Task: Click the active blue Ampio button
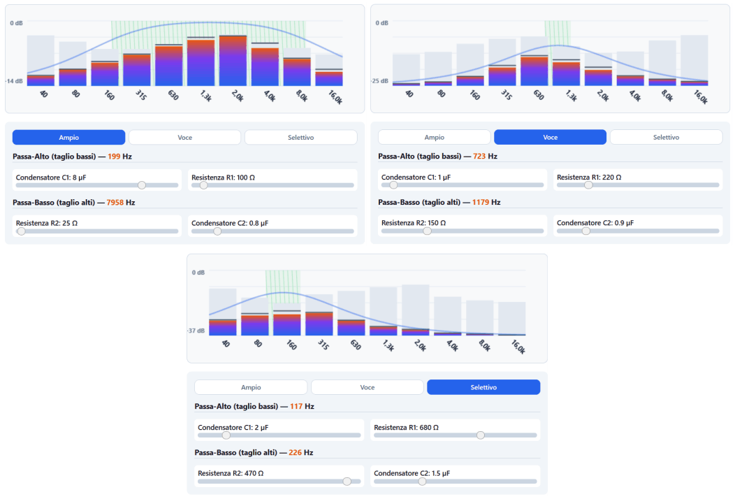pyautogui.click(x=69, y=138)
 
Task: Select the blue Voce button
pyautogui.click(x=550, y=138)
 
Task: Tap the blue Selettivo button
pyautogui.click(x=483, y=387)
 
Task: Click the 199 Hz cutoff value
pyautogui.click(x=114, y=157)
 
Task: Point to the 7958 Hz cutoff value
pyautogui.click(x=115, y=203)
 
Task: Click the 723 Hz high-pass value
pyautogui.click(x=479, y=156)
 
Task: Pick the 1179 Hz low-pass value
pyautogui.click(x=481, y=202)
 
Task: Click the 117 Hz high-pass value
pyautogui.click(x=296, y=406)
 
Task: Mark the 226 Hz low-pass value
pyautogui.click(x=296, y=453)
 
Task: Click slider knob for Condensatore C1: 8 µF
pyautogui.click(x=142, y=185)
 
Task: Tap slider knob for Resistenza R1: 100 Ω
pyautogui.click(x=203, y=185)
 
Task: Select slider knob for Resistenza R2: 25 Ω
pyautogui.click(x=21, y=231)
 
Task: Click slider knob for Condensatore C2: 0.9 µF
pyautogui.click(x=586, y=231)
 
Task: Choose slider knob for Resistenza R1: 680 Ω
pyautogui.click(x=481, y=435)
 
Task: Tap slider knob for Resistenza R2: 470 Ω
pyautogui.click(x=347, y=481)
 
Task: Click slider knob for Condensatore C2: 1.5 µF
pyautogui.click(x=422, y=481)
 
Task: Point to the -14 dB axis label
pyautogui.click(x=14, y=81)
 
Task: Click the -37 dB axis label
pyautogui.click(x=196, y=331)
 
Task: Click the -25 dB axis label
pyautogui.click(x=379, y=81)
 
